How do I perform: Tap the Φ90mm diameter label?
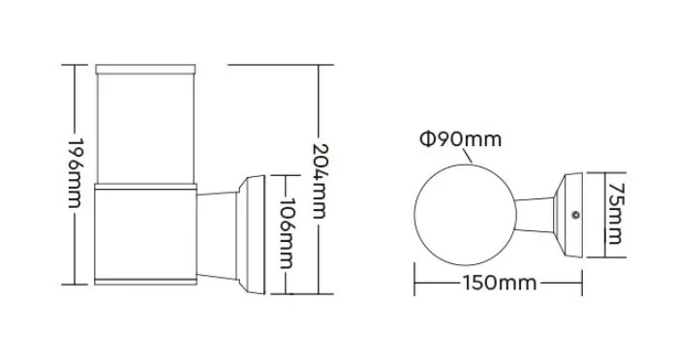(461, 140)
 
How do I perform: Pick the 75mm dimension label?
(614, 218)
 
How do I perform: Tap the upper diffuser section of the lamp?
(145, 126)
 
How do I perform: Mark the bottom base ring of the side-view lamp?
(145, 283)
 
